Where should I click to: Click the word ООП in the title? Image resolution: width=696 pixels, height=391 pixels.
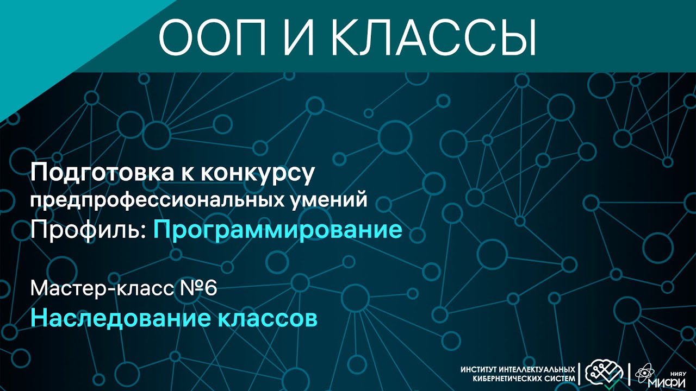213,37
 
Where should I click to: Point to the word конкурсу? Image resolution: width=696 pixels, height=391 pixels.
258,174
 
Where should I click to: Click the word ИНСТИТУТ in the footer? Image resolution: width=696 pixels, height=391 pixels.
478,370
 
